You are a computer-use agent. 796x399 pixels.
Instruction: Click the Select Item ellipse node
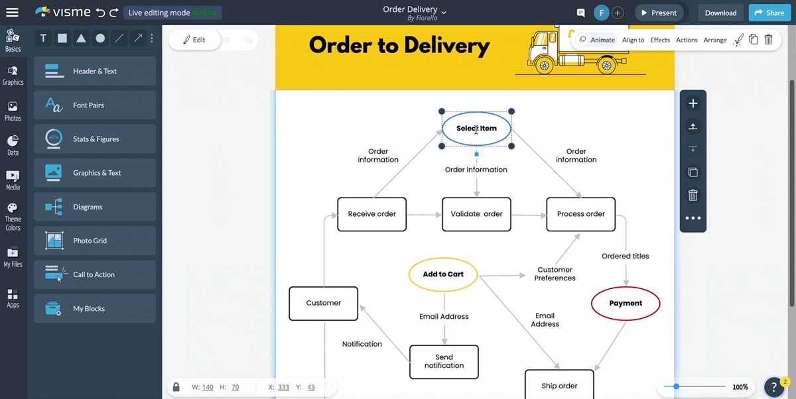tap(476, 129)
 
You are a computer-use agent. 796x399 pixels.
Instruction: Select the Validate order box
tap(476, 214)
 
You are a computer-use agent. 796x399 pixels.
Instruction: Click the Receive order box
tap(371, 214)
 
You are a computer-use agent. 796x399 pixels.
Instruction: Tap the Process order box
tap(580, 214)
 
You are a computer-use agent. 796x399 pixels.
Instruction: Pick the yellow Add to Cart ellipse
tap(443, 274)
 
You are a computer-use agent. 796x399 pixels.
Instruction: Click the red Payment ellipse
tap(626, 304)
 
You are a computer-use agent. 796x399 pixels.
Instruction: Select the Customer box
tap(323, 303)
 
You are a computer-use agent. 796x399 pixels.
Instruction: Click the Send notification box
tap(444, 362)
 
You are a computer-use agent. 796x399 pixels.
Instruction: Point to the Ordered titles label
tap(625, 256)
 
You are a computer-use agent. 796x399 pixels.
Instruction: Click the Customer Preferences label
tap(555, 274)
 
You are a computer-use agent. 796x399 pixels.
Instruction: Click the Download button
tap(720, 13)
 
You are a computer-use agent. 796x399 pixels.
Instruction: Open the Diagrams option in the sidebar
tap(95, 207)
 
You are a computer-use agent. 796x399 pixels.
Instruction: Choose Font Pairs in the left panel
tap(95, 105)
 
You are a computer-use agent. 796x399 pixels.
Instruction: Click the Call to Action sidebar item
tap(95, 274)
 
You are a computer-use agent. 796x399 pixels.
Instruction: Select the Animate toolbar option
tap(597, 40)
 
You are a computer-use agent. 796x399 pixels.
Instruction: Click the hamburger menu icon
tap(13, 13)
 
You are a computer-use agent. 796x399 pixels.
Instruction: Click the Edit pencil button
tap(194, 40)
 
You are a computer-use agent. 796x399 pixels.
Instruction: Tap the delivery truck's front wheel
tap(544, 66)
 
